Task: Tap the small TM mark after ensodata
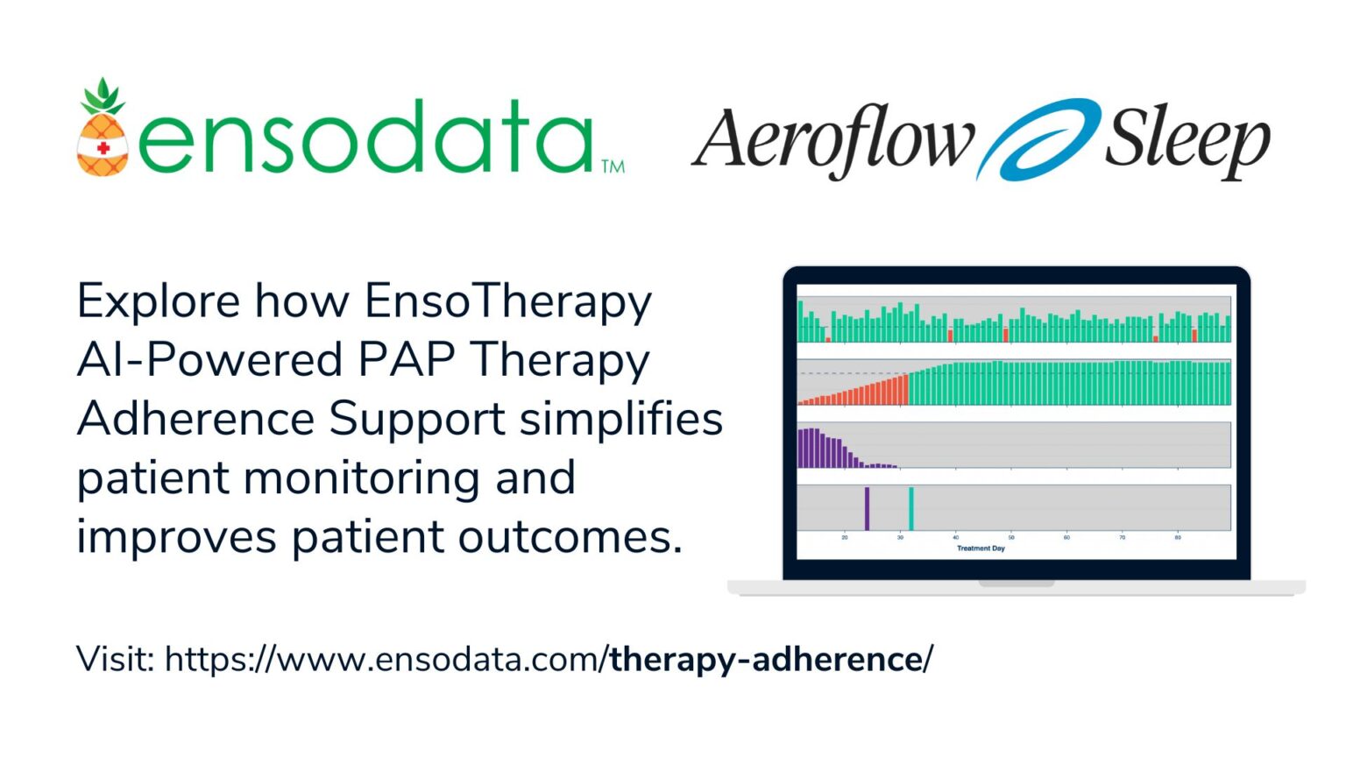pyautogui.click(x=613, y=166)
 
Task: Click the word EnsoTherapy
pyautogui.click(x=508, y=302)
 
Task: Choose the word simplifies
pyautogui.click(x=620, y=419)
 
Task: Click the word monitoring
pyautogui.click(x=360, y=478)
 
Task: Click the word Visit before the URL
pyautogui.click(x=115, y=659)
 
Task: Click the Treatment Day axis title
pyautogui.click(x=981, y=548)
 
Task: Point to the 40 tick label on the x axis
pyautogui.click(x=956, y=537)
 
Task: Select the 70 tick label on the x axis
pyautogui.click(x=1123, y=537)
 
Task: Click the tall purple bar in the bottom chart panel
pyautogui.click(x=868, y=508)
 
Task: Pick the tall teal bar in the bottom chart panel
pyautogui.click(x=911, y=508)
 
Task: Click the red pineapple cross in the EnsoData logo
pyautogui.click(x=103, y=148)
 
